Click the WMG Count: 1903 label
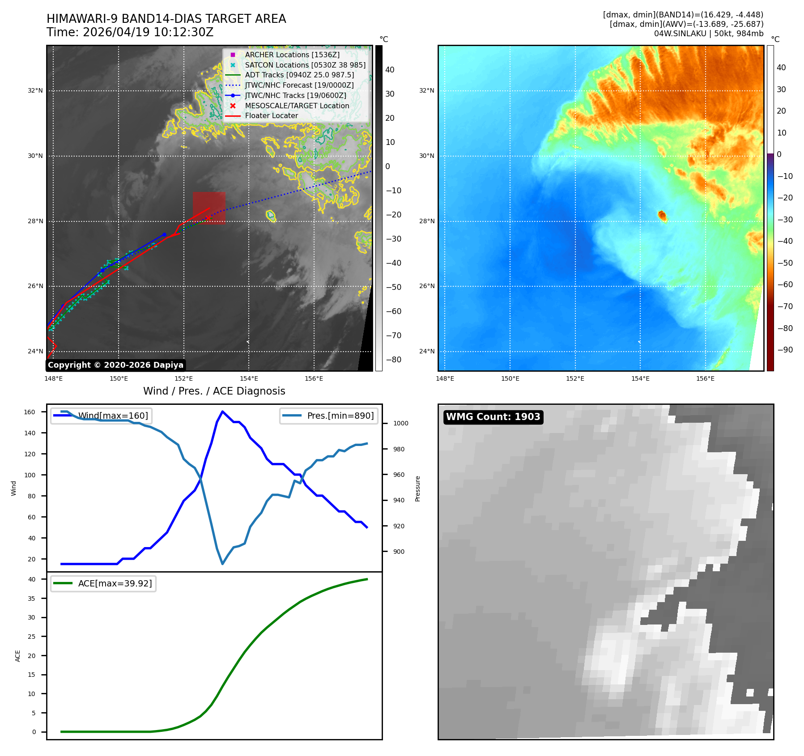(x=493, y=417)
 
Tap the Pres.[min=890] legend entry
(x=329, y=416)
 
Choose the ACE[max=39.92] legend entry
(x=103, y=583)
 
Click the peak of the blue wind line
(x=222, y=411)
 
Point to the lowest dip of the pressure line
(x=222, y=564)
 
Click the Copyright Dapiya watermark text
(x=115, y=365)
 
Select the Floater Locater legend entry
(x=262, y=116)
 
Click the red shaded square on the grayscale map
(x=209, y=208)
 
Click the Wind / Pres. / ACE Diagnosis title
(x=214, y=391)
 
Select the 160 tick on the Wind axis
(x=30, y=412)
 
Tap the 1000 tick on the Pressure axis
(x=401, y=423)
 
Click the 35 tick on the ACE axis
(x=31, y=599)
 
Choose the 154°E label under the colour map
(x=640, y=378)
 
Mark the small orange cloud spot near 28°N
(x=662, y=216)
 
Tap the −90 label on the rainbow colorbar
(x=785, y=350)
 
